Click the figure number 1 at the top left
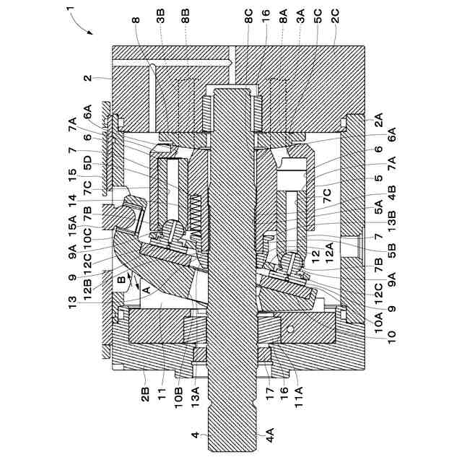pos(70,9)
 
